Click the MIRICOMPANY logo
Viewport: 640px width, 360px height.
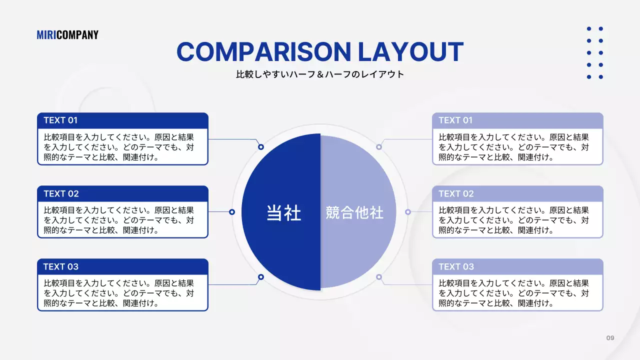(67, 34)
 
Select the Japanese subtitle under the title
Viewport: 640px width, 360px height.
(320, 74)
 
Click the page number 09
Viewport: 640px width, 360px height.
(610, 338)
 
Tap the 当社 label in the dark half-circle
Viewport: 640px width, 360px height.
(283, 213)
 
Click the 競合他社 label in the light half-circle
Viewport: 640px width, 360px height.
(354, 213)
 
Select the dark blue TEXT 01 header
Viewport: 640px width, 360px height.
(122, 120)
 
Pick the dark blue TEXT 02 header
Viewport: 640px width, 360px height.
(122, 193)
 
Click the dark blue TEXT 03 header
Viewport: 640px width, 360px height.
(122, 266)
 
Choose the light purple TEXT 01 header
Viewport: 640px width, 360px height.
(517, 120)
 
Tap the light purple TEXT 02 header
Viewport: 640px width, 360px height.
(517, 193)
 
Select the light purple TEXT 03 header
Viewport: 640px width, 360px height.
(517, 266)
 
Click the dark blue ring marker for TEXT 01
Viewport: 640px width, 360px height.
(261, 147)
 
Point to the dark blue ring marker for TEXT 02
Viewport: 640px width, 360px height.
(232, 212)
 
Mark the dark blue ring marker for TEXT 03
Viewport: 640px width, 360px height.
(261, 277)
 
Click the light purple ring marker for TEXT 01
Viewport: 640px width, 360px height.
(379, 147)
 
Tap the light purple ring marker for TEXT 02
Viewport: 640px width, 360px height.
(408, 212)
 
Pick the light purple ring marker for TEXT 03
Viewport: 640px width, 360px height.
(379, 277)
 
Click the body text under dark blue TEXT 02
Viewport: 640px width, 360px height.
(119, 220)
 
